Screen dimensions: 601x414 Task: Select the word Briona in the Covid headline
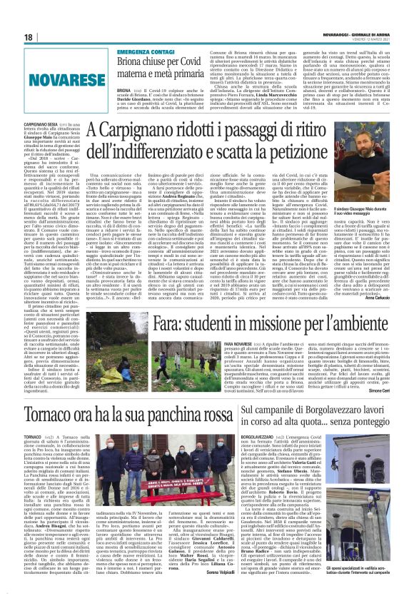click(134, 65)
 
